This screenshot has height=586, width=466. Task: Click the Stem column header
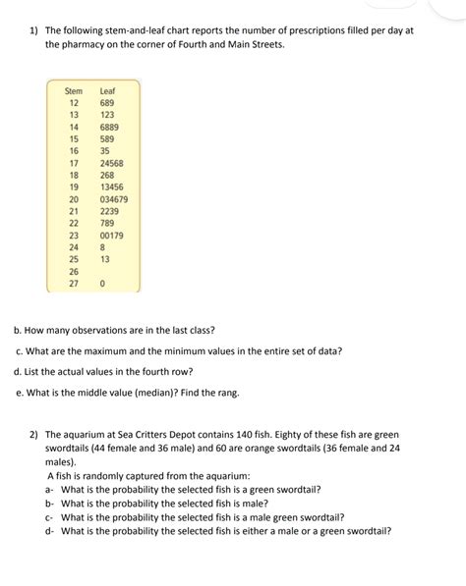point(74,90)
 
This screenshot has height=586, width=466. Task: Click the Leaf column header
point(108,90)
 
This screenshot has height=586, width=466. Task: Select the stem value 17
point(73,163)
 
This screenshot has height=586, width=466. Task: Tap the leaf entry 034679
point(114,199)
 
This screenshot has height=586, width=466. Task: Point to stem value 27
point(73,283)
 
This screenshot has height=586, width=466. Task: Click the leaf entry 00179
point(112,236)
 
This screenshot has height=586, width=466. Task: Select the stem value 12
point(73,103)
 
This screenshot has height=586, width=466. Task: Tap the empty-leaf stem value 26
point(73,271)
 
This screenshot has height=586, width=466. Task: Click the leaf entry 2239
point(110,211)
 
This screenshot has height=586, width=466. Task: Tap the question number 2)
point(33,434)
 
